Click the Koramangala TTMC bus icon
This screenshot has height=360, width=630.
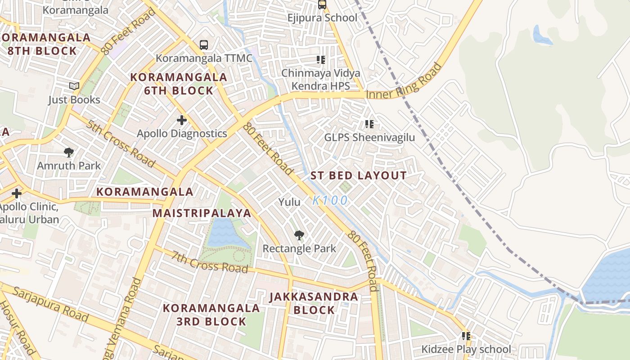(204, 45)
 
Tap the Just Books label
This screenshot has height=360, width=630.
(74, 99)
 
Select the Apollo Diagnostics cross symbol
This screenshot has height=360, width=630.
(182, 120)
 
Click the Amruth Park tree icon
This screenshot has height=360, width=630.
(69, 152)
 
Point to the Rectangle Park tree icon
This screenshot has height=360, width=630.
(299, 235)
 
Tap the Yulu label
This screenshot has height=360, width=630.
(289, 202)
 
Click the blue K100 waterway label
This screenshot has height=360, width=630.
(330, 200)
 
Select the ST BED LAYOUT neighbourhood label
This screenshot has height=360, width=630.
(359, 175)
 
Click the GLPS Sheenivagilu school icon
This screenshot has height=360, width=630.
(369, 124)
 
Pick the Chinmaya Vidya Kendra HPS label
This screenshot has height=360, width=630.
(320, 79)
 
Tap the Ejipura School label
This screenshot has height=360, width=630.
(322, 18)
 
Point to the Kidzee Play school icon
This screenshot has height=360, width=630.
(466, 336)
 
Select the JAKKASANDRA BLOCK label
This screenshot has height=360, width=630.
(314, 303)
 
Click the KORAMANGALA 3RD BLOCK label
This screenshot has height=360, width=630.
(211, 315)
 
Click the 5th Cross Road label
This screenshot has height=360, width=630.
(121, 143)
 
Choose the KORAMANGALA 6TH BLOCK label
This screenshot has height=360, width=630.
(178, 84)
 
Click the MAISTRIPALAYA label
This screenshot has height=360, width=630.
(202, 213)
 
